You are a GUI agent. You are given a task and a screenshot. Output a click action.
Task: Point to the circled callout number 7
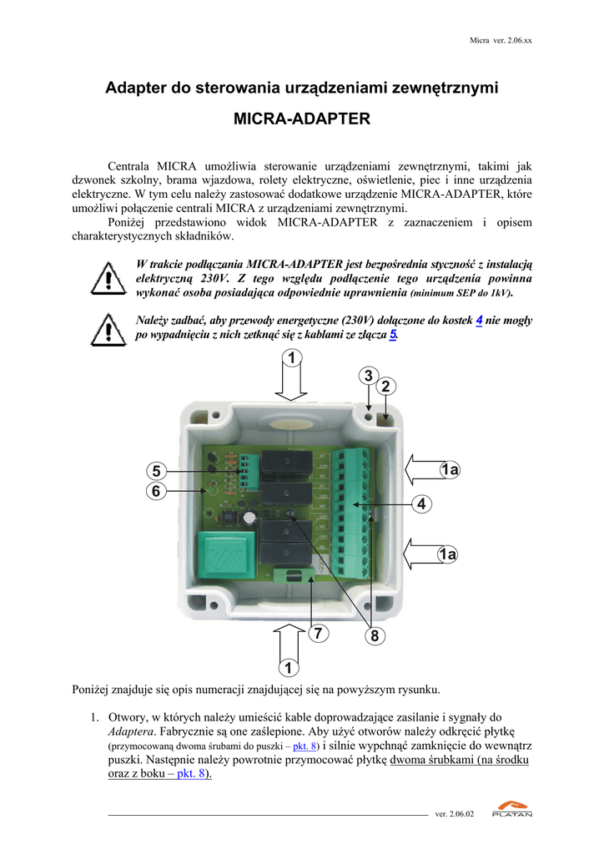click(x=316, y=634)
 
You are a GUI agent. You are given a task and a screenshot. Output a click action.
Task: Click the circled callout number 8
click(x=375, y=636)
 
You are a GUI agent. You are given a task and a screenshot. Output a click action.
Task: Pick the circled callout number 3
click(x=368, y=376)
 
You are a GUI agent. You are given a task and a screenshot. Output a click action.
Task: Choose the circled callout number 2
click(x=385, y=387)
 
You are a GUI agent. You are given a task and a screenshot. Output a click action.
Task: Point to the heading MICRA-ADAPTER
click(x=301, y=119)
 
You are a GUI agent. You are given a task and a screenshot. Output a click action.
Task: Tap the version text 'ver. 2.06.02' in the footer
click(x=455, y=814)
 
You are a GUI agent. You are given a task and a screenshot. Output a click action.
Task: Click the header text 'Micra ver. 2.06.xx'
click(x=501, y=40)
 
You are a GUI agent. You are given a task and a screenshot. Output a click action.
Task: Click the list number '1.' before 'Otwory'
click(x=95, y=717)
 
